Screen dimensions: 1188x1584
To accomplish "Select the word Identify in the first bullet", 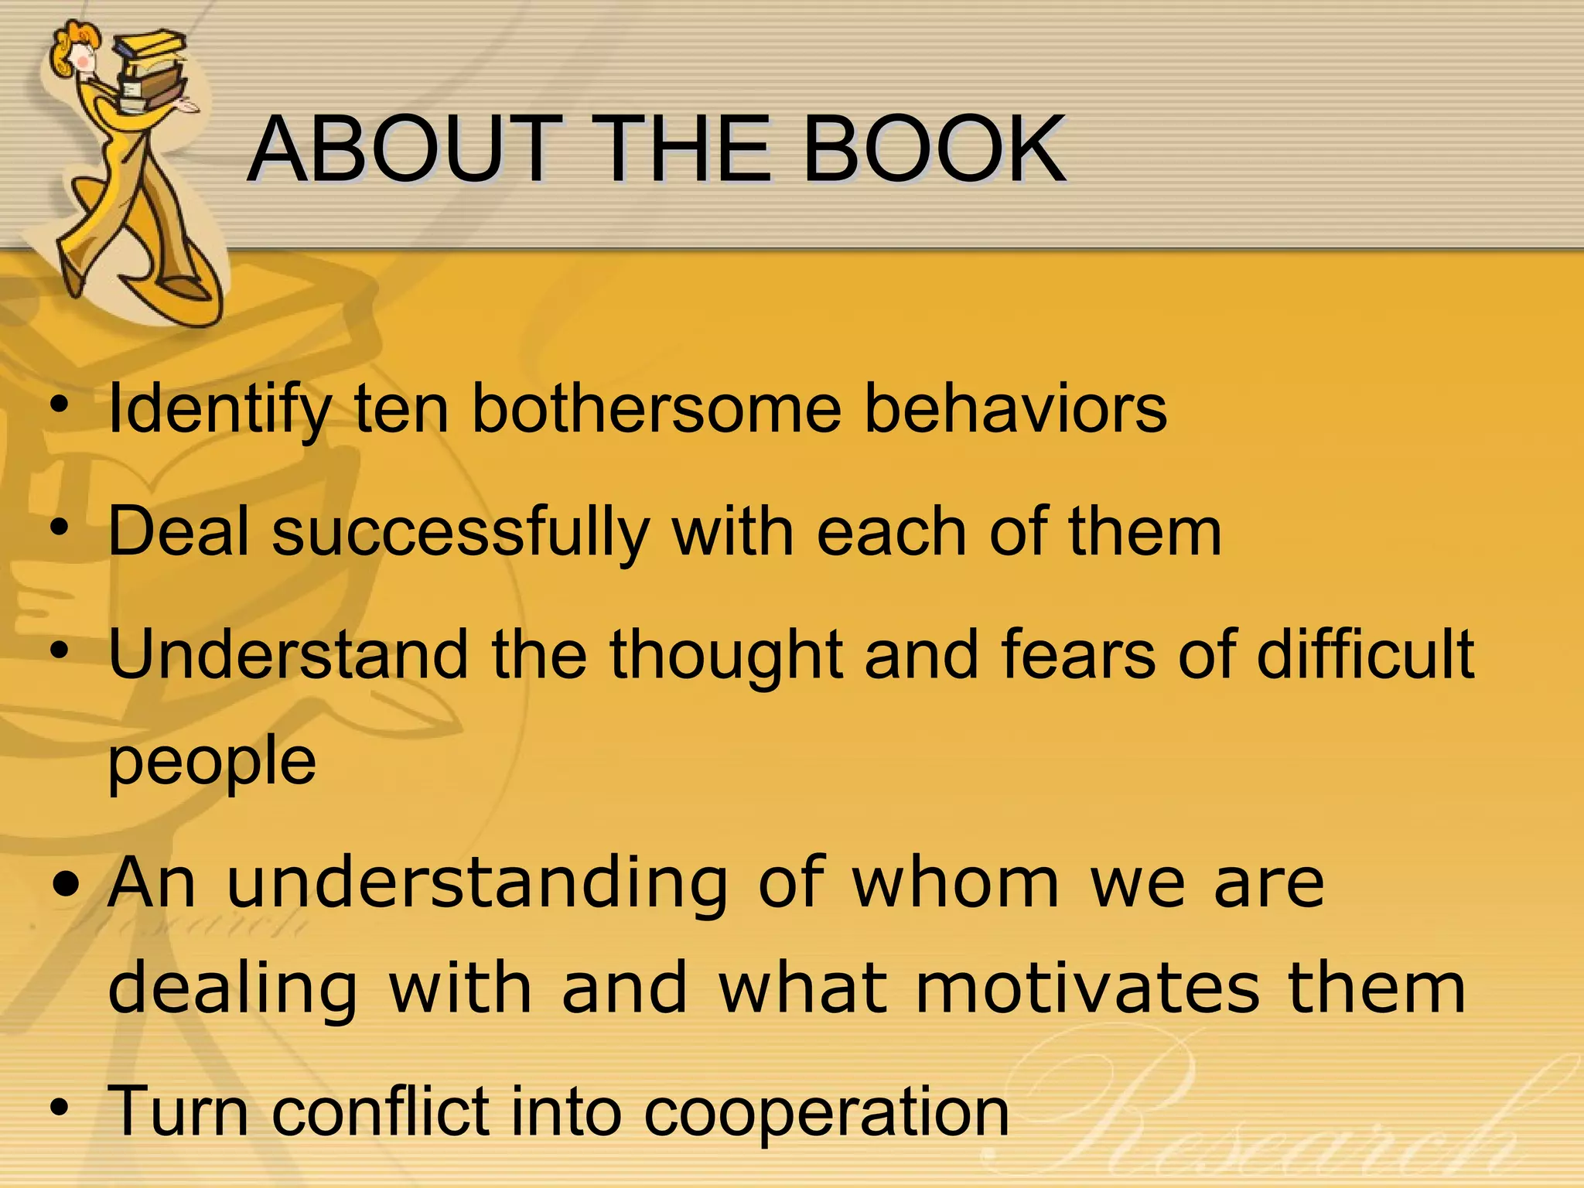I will click(220, 410).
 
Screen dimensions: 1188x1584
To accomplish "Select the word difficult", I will click(1365, 654).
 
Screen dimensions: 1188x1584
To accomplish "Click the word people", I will click(212, 762).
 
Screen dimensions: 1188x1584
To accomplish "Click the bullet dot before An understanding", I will click(67, 883).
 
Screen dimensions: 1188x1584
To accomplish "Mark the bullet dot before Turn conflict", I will click(60, 1108).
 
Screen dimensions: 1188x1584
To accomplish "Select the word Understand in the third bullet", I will click(288, 654).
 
